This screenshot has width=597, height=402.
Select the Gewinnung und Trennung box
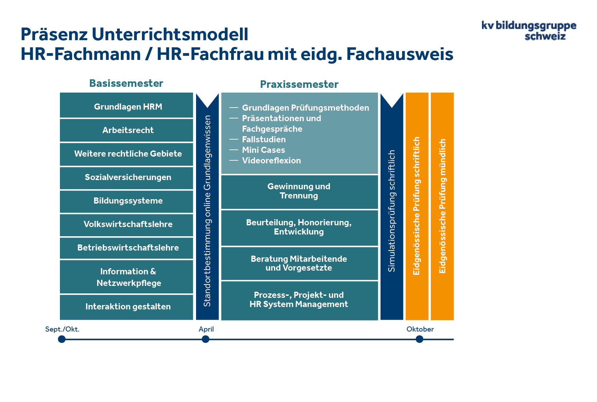[x=299, y=191]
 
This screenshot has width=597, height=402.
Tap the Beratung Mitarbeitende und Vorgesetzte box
[x=299, y=263]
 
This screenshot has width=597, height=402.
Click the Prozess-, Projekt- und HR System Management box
[x=299, y=300]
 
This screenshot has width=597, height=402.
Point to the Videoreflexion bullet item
[x=271, y=161]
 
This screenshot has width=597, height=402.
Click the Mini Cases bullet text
[x=263, y=150]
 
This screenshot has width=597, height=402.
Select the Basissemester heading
[x=126, y=83]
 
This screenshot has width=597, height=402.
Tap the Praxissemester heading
[x=299, y=84]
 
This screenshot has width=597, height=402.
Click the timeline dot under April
[x=206, y=339]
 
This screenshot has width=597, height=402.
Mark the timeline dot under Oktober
[x=419, y=339]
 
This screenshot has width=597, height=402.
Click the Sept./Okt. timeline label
[x=62, y=329]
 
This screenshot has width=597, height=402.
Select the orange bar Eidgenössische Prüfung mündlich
[x=442, y=206]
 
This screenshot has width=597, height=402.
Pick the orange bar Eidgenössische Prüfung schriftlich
[x=417, y=206]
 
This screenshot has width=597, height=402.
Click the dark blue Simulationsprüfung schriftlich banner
[x=392, y=211]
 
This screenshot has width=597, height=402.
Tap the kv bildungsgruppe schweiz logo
[x=529, y=31]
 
